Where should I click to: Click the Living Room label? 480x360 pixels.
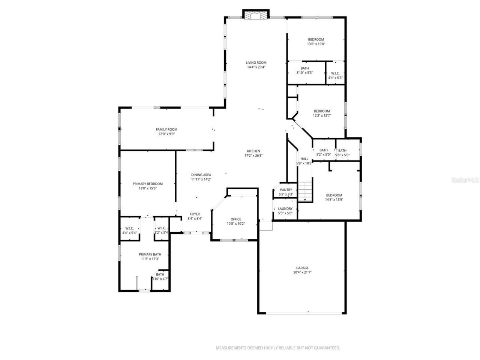[256, 63]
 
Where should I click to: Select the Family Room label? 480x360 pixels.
[166, 129]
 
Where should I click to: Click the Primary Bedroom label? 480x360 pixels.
[148, 184]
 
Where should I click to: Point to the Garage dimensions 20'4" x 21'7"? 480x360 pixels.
[302, 273]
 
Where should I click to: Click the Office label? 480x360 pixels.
[236, 219]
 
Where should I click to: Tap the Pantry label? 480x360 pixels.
[286, 190]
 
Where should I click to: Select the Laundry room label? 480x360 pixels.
[285, 209]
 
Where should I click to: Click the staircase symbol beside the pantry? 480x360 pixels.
[305, 191]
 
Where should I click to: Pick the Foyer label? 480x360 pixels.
[195, 214]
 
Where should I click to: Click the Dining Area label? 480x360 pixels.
[201, 175]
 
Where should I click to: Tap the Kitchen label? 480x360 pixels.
[253, 151]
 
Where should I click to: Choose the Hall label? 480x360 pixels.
[304, 159]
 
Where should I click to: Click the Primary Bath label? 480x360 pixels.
[150, 254]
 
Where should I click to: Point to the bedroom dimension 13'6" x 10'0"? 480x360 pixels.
[316, 44]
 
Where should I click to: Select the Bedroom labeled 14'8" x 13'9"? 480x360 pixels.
[334, 195]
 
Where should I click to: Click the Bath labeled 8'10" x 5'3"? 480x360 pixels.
[304, 68]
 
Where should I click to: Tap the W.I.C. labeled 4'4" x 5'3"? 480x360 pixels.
[335, 73]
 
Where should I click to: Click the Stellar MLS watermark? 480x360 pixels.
[465, 180]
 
